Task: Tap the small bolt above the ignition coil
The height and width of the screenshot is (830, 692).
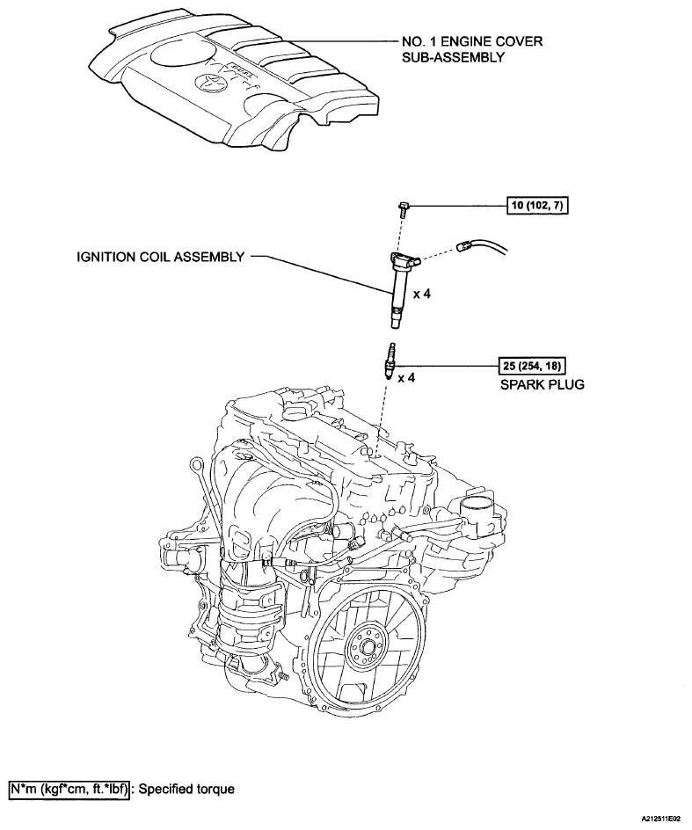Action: point(401,207)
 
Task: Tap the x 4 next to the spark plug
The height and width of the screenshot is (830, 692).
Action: point(406,378)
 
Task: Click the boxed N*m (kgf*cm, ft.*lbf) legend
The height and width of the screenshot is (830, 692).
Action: point(69,789)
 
